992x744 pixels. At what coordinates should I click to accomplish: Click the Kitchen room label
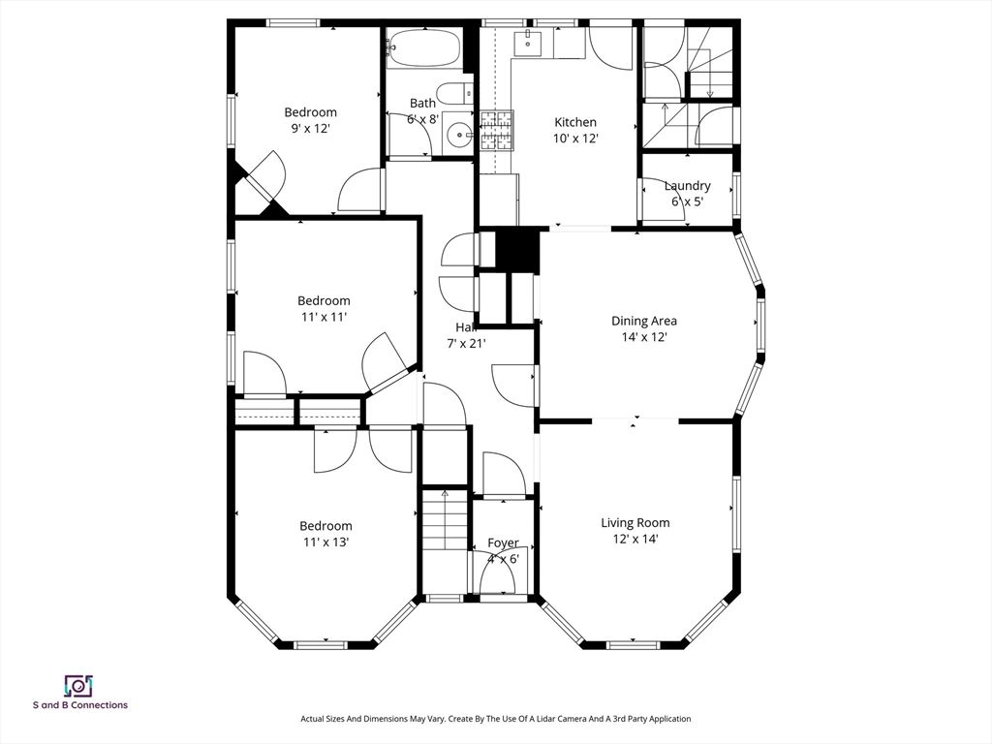click(x=574, y=122)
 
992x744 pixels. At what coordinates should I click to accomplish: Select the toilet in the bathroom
click(x=451, y=94)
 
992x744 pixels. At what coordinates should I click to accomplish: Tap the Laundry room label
click(x=687, y=186)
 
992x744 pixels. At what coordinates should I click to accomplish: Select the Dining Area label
click(x=643, y=321)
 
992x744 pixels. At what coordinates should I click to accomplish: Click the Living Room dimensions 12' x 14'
click(x=635, y=539)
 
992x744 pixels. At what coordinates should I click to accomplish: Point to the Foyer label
click(x=503, y=542)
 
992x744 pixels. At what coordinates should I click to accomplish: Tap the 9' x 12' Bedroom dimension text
click(x=310, y=128)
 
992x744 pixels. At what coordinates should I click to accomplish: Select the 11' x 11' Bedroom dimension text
click(x=324, y=317)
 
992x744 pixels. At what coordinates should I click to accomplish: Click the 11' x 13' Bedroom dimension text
click(x=325, y=542)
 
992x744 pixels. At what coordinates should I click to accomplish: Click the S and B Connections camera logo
click(x=77, y=686)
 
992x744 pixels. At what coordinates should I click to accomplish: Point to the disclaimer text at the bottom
click(x=495, y=719)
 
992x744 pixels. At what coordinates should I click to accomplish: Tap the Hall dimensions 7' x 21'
click(x=466, y=343)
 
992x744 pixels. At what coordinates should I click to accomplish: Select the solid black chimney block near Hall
click(x=517, y=250)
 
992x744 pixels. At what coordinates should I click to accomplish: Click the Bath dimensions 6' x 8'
click(x=422, y=118)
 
